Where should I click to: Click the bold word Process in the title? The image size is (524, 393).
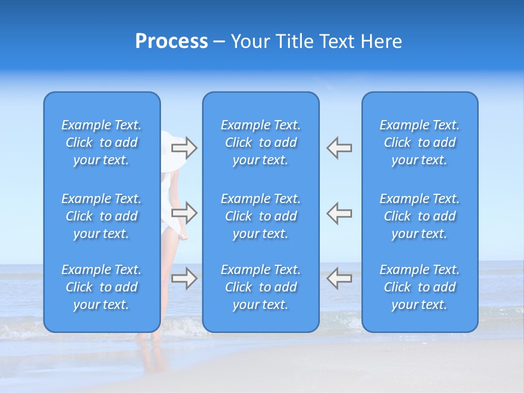[171, 41]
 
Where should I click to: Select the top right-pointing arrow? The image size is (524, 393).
[184, 147]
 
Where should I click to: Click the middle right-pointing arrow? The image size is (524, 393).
[184, 213]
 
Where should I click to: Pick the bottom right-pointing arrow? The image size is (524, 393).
[184, 278]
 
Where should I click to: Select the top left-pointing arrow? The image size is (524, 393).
[339, 147]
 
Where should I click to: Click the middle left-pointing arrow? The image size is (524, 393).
[339, 213]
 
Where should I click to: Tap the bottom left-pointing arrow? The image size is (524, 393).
[339, 278]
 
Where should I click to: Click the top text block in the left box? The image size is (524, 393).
[102, 142]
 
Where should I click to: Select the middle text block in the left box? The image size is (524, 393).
[102, 216]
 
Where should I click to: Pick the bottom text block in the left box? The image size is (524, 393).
[102, 287]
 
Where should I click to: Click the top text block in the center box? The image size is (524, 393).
[260, 142]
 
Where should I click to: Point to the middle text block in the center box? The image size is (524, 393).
[260, 216]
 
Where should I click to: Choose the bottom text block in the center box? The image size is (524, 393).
[260, 287]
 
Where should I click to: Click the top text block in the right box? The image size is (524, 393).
[419, 142]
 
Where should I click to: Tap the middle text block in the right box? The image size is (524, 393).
[419, 216]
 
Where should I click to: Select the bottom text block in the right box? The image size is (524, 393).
[419, 287]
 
